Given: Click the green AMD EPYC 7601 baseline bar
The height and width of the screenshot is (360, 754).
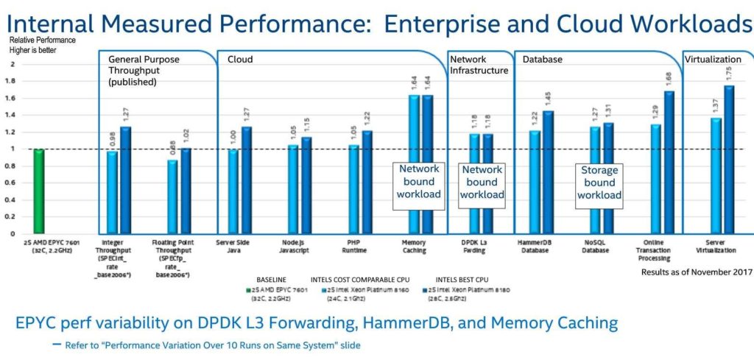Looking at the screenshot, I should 38,191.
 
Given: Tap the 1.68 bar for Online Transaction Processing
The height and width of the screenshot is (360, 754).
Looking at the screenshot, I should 669,163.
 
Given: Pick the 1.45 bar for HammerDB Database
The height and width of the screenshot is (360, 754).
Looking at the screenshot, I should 548,172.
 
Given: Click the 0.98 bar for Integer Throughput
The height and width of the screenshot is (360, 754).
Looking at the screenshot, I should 112,192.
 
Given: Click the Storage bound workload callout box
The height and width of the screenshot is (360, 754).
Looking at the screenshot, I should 599,183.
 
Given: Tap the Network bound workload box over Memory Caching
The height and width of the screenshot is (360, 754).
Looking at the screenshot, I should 419,181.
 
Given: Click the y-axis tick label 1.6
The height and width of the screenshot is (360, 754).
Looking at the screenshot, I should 10,97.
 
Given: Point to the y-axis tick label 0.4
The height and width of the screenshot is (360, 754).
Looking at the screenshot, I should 10,200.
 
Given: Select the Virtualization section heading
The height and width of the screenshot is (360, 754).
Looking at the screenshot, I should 713,59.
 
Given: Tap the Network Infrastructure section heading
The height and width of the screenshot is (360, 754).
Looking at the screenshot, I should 479,65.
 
